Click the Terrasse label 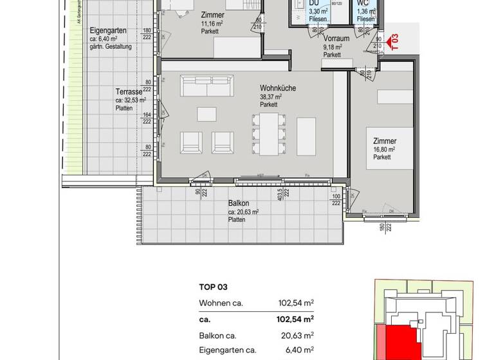click(x=128, y=91)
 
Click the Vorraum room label click(x=335, y=38)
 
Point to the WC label click(x=363, y=3)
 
